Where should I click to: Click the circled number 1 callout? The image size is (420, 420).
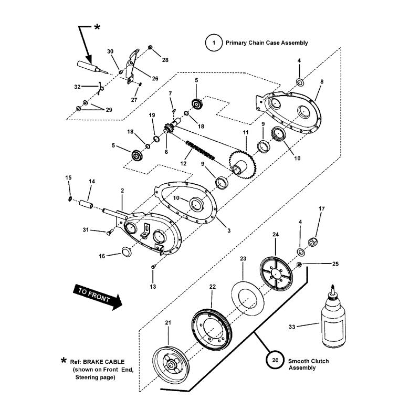pyautogui.click(x=214, y=43)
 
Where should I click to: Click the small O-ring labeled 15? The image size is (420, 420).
pyautogui.click(x=69, y=198)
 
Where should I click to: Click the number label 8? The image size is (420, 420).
pyautogui.click(x=321, y=82)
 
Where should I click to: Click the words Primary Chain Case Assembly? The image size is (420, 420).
pyautogui.click(x=267, y=43)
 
